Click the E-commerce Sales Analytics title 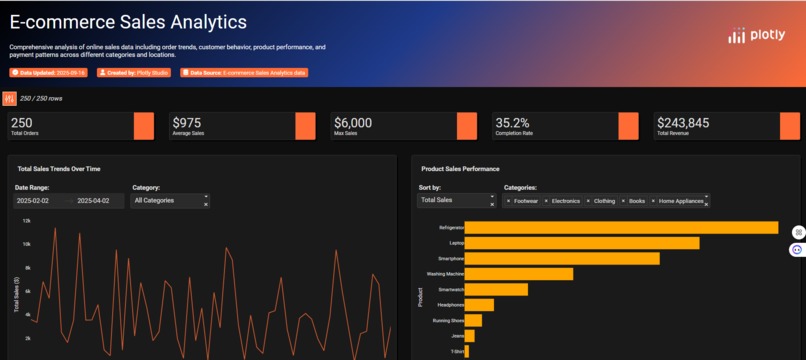(128, 21)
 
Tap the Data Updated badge (49, 72)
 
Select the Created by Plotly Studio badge (134, 72)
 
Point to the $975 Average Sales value (186, 123)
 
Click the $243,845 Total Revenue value (683, 123)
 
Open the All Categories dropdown (170, 201)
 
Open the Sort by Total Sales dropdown (455, 201)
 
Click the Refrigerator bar (620, 228)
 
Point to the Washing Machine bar (518, 273)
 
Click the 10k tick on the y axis (27, 243)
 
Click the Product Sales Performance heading (460, 169)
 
